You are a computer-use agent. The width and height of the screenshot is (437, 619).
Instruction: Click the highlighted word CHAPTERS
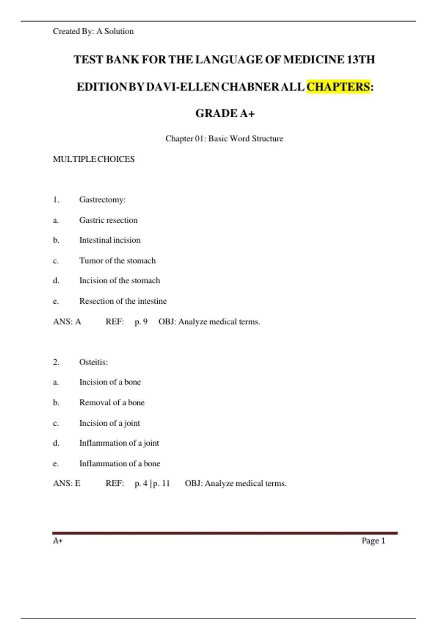[x=338, y=87]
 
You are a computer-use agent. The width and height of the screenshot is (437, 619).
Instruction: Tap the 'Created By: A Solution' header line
[x=93, y=31]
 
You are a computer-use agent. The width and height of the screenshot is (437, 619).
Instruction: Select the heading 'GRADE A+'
[x=225, y=114]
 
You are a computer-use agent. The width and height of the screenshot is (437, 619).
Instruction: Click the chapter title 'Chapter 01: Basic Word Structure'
[x=224, y=138]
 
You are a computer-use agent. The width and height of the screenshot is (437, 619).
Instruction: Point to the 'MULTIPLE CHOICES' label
[x=94, y=159]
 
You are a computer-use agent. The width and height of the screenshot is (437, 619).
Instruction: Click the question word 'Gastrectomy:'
[x=102, y=200]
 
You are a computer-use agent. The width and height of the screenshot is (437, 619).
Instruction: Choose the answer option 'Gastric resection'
[x=109, y=220]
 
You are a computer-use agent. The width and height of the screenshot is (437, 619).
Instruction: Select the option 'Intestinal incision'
[x=110, y=240]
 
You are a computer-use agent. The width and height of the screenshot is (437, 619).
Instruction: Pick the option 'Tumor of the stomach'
[x=117, y=260]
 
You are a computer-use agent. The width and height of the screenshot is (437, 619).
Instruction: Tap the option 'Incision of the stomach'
[x=119, y=280]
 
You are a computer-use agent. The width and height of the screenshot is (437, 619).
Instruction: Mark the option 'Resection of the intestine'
[x=123, y=301]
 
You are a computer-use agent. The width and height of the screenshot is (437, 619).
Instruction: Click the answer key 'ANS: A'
[x=67, y=322]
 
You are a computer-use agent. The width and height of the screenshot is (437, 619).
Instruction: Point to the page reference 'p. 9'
[x=141, y=322]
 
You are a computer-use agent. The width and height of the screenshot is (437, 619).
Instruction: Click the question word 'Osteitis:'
[x=94, y=362]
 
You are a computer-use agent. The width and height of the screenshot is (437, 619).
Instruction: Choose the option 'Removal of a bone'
[x=112, y=402]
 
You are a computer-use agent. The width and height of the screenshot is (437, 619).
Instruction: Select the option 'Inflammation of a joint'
[x=119, y=443]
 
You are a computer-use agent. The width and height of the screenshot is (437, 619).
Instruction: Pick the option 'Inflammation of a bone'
[x=119, y=463]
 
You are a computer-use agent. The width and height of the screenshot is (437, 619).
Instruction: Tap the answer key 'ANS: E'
[x=67, y=483]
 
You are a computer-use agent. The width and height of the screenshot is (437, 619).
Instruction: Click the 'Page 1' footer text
[x=373, y=541]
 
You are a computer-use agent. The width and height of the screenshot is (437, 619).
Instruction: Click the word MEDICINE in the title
[x=314, y=59]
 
